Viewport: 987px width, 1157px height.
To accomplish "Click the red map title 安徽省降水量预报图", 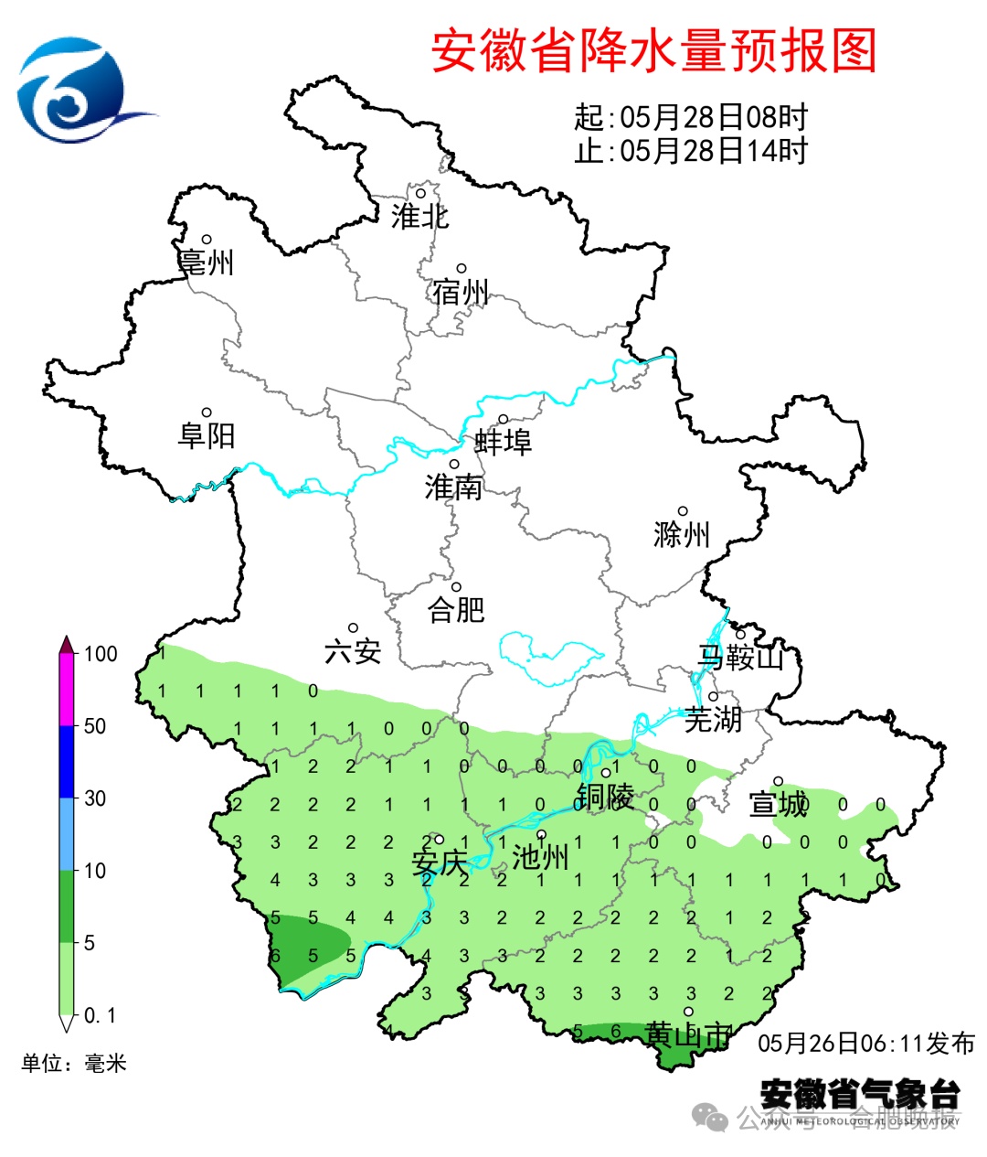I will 653,50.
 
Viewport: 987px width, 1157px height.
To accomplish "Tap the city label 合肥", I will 456,609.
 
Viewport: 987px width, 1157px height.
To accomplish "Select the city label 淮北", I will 419,217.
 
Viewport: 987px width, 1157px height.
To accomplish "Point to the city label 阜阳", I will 207,435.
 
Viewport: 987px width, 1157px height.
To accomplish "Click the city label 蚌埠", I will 503,443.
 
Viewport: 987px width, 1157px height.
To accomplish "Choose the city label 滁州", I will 682,534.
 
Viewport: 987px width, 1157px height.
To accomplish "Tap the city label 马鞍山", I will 740,657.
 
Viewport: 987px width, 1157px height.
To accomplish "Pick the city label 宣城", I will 779,805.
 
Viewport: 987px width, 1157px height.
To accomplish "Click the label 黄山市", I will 688,1035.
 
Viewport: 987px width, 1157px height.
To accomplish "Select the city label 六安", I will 353,651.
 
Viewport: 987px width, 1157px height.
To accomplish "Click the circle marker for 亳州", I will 207,240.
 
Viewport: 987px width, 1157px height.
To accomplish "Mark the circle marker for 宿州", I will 462,269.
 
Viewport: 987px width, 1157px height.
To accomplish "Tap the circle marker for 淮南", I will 453,465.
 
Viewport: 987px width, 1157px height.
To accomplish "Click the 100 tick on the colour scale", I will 100,654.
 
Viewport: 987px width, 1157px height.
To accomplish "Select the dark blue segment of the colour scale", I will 67,762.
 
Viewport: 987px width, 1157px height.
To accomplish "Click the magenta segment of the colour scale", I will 67,691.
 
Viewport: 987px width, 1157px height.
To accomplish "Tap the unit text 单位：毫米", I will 74,1063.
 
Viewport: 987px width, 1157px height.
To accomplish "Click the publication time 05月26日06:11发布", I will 866,1044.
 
